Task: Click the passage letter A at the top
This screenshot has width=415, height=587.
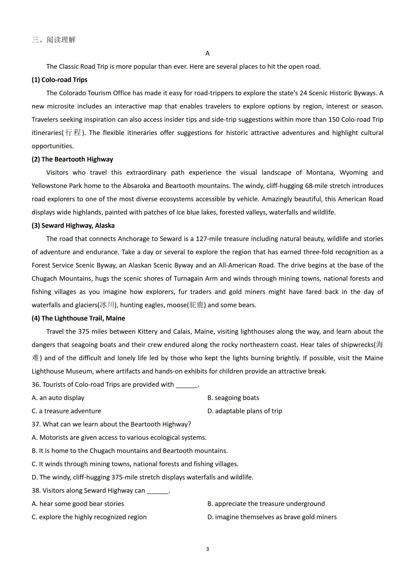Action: pos(207,53)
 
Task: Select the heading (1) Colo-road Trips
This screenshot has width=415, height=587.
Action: pos(60,80)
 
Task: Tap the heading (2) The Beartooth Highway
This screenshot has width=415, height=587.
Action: pos(72,159)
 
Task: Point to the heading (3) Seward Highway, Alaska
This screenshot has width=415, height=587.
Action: pos(73,225)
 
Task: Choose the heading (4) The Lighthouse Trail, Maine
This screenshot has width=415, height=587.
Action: pos(78,318)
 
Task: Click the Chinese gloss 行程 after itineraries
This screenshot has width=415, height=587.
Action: pos(73,133)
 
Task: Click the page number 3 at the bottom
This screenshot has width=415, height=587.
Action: pos(207,549)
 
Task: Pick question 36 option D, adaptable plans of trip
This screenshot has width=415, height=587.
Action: pos(245,411)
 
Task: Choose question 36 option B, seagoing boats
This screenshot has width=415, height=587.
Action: pos(233,397)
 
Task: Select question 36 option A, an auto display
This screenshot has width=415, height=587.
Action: pos(58,397)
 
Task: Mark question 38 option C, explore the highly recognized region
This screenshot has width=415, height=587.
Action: pos(89,517)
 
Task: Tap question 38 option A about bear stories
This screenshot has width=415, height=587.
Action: pos(78,504)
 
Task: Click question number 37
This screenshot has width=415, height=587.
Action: pos(36,424)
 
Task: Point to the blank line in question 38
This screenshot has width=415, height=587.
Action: pos(158,491)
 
